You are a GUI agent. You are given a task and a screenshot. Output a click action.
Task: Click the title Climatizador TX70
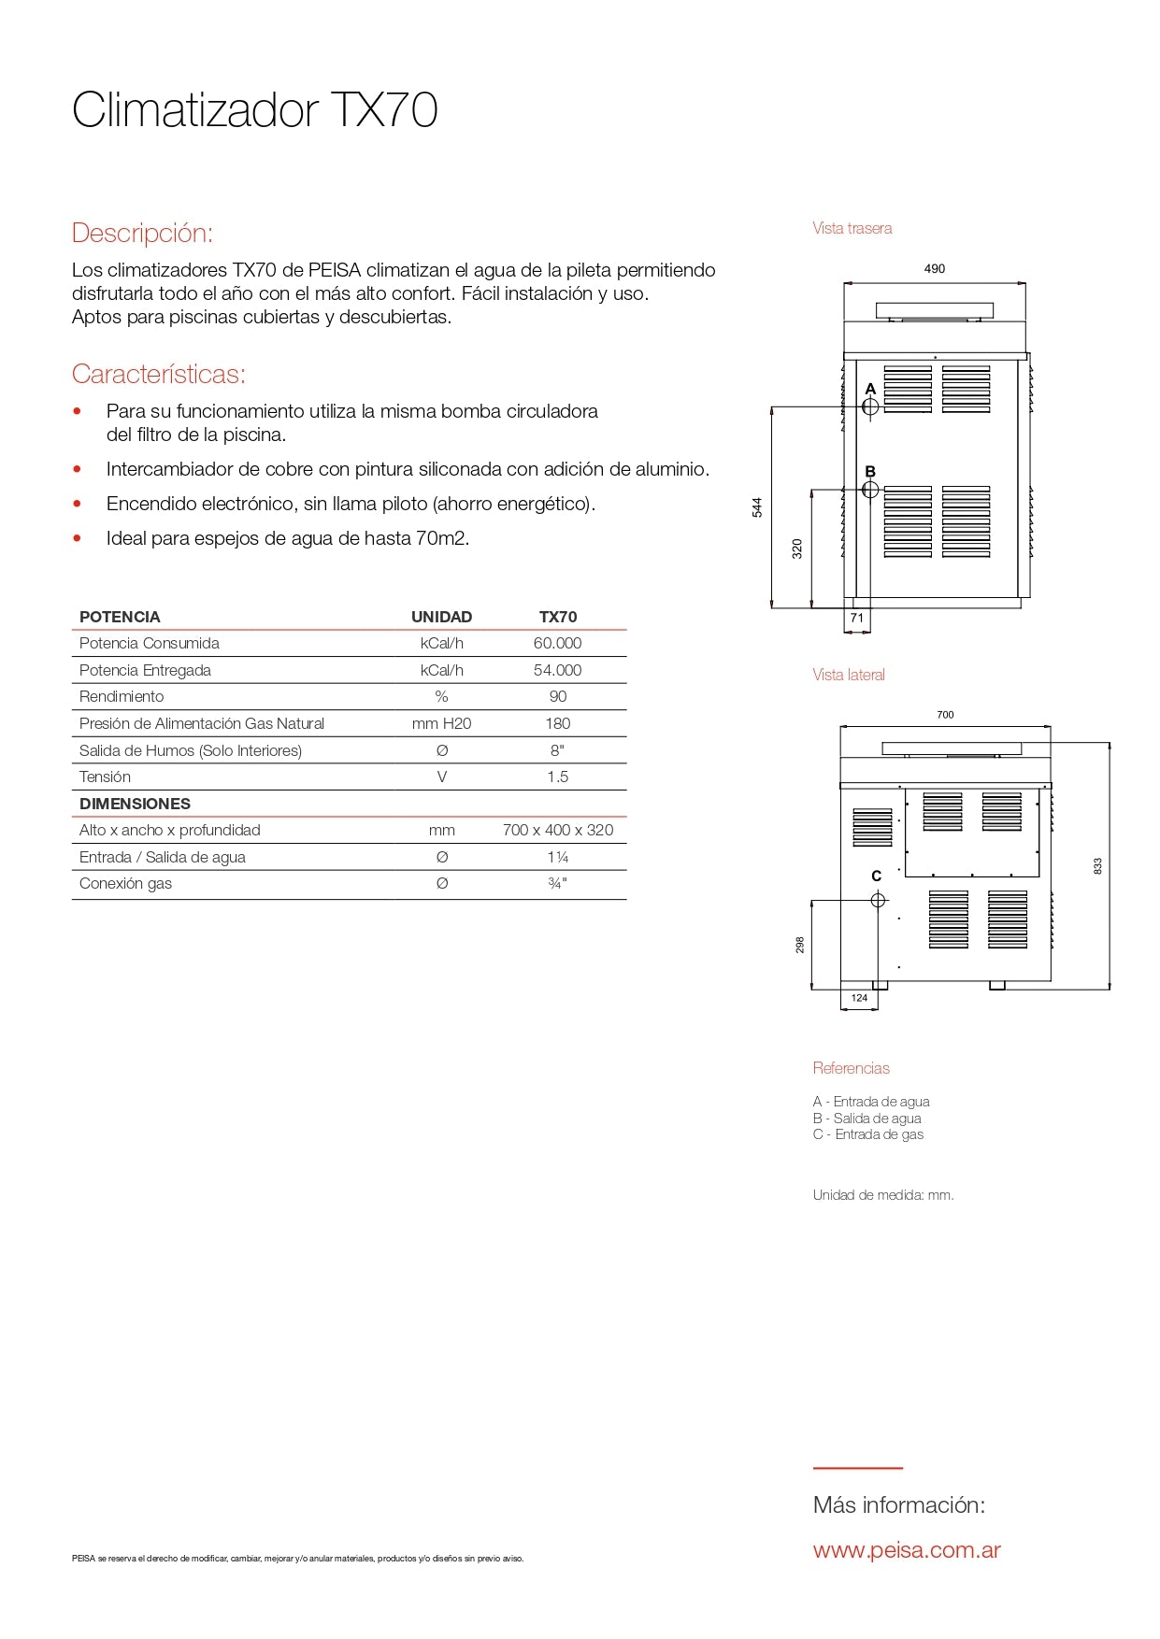[x=254, y=110]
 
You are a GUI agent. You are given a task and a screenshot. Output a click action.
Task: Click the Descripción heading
[x=142, y=233]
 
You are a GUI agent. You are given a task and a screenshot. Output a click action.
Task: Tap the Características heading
[x=158, y=374]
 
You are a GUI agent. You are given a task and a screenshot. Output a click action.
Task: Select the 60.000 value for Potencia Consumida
[x=557, y=643]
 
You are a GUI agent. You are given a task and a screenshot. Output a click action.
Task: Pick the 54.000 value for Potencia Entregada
[x=557, y=670]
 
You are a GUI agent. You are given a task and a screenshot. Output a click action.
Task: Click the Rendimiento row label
[x=122, y=696]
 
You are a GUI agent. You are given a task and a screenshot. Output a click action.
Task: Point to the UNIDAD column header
[x=441, y=617]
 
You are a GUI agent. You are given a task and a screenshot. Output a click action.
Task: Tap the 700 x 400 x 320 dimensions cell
[x=557, y=830]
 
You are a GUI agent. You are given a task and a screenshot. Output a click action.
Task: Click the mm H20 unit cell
[x=441, y=723]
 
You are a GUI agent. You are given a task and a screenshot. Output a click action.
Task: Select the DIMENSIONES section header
[x=135, y=804]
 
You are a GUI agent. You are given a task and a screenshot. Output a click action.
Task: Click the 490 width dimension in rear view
[x=935, y=269]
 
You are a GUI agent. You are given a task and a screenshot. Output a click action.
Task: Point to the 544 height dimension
[x=757, y=507]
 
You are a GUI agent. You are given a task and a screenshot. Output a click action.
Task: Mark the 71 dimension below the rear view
[x=857, y=618]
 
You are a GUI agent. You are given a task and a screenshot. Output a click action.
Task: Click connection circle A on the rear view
[x=870, y=406]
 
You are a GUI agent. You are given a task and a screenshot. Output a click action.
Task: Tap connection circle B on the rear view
[x=870, y=490]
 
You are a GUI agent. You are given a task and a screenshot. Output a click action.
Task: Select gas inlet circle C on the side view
[x=878, y=900]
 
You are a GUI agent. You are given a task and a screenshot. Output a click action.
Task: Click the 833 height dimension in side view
[x=1098, y=866]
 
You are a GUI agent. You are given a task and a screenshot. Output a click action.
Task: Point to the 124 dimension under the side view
[x=859, y=998]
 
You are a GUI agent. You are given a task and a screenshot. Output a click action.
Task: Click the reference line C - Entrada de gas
[x=868, y=1134]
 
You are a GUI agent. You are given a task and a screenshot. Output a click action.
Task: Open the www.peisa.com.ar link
[x=907, y=1550]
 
